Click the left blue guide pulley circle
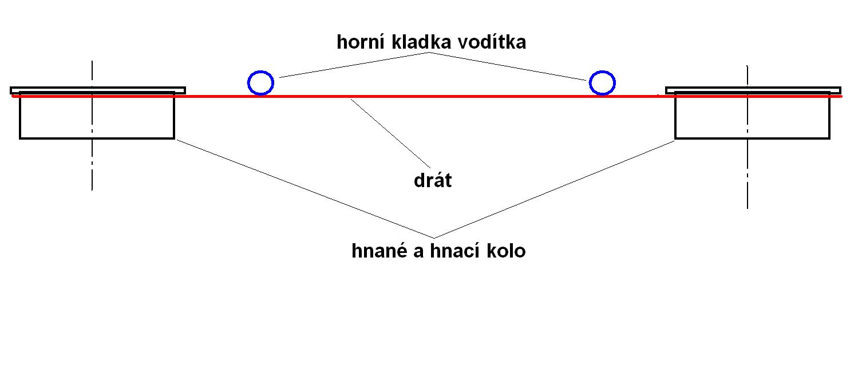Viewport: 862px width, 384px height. tap(261, 83)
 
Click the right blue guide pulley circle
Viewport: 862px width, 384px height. tap(602, 83)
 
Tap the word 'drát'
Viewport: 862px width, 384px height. tap(433, 181)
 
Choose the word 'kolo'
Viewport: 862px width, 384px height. tap(506, 251)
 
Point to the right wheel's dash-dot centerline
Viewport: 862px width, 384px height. tap(748, 183)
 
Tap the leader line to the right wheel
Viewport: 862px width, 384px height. tap(555, 189)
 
